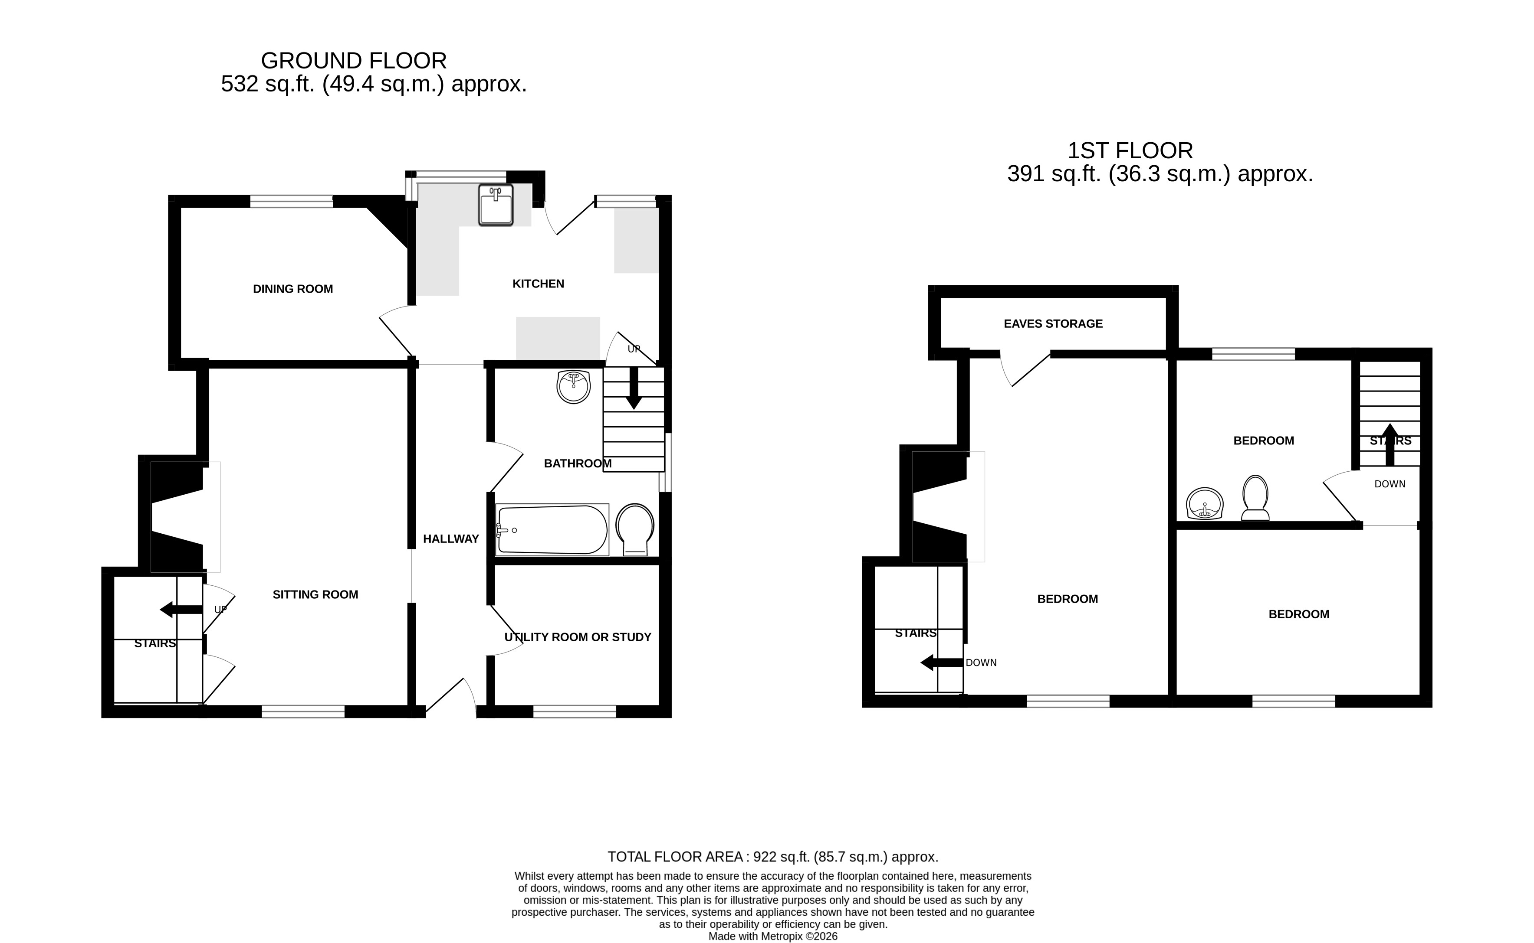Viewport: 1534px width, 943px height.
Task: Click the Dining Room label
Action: pos(292,289)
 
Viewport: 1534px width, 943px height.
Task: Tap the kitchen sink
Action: pos(496,205)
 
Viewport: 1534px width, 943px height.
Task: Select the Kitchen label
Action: pos(538,284)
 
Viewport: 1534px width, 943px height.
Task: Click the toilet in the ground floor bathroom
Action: pos(635,529)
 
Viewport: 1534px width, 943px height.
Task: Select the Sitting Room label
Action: pos(315,594)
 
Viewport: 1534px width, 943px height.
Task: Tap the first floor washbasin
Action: pos(1205,503)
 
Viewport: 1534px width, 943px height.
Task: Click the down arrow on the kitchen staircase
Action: pos(634,388)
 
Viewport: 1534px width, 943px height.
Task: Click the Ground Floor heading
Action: pos(354,61)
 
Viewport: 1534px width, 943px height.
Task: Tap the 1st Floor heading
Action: pos(1130,150)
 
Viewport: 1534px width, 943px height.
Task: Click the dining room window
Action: pos(292,201)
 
